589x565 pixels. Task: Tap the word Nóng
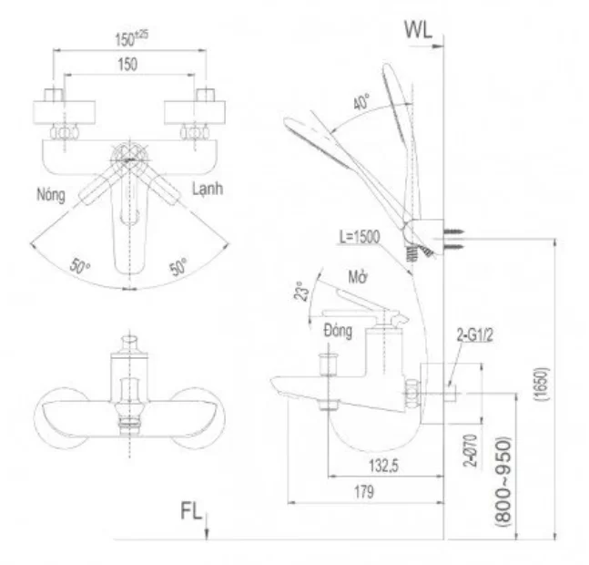point(51,194)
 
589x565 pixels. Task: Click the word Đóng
point(337,332)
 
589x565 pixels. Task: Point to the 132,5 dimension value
point(375,466)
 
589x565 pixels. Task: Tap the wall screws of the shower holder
point(459,236)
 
